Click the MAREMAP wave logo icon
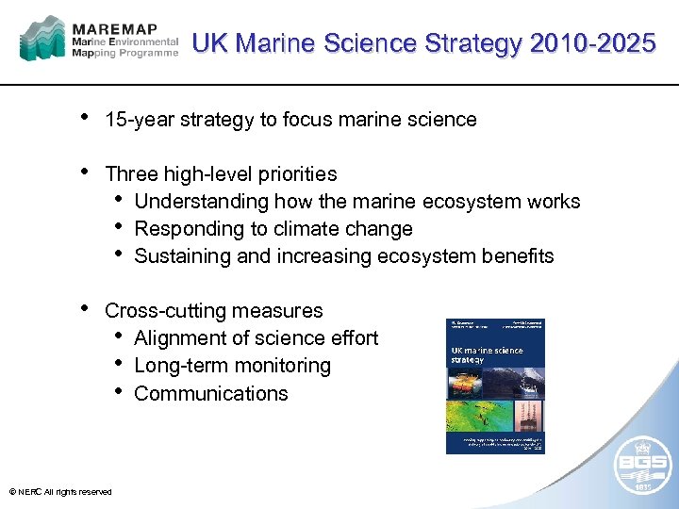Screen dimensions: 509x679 (x=43, y=39)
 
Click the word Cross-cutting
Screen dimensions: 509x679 (x=167, y=311)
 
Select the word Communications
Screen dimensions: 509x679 (x=211, y=393)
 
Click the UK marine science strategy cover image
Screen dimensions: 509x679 (x=495, y=386)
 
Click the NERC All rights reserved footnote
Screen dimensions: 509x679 (x=59, y=492)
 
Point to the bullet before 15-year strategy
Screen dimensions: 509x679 (x=86, y=118)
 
